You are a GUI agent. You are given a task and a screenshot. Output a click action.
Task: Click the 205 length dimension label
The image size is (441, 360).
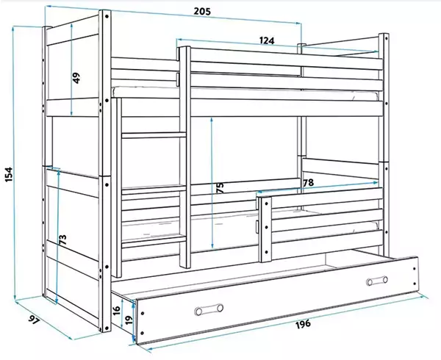(202, 12)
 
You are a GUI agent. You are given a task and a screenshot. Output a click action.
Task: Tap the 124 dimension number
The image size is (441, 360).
(266, 40)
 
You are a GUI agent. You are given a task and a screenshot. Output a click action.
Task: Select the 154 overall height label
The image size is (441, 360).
(9, 174)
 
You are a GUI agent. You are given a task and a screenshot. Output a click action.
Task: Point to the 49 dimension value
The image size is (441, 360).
(76, 78)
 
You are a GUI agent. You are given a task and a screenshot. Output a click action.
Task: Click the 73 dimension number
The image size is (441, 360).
(62, 240)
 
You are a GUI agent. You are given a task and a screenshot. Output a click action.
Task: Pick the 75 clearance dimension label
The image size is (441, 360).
(220, 188)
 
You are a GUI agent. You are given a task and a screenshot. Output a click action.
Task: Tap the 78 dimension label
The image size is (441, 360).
(308, 183)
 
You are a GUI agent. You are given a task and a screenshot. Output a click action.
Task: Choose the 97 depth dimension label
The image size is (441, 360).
(34, 320)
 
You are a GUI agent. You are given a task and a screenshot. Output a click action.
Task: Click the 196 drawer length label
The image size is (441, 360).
(303, 323)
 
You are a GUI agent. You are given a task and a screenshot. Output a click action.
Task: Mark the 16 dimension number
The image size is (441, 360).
(116, 310)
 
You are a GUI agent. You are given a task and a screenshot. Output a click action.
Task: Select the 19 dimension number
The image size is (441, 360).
(129, 320)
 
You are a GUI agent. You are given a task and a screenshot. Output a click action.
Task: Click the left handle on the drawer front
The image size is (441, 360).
(209, 309)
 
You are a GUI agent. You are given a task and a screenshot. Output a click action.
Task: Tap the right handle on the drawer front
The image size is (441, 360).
(377, 281)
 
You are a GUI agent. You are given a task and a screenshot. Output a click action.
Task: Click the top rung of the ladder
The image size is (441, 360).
(154, 135)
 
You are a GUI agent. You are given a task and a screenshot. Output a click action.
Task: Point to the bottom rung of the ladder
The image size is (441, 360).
(154, 242)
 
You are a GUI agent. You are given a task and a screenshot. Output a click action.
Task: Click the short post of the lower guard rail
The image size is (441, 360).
(265, 229)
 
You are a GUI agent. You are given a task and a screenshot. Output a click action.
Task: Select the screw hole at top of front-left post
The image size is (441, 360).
(107, 17)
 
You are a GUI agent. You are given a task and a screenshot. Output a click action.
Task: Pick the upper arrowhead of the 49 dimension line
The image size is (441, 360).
(72, 26)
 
